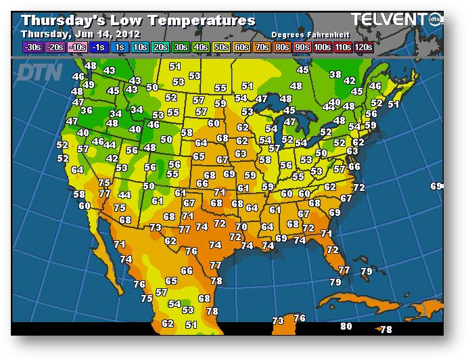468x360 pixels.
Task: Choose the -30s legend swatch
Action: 32,47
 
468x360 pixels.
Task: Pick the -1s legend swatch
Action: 98,47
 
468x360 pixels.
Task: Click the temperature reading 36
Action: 87,111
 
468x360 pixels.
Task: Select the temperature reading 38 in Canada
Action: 335,74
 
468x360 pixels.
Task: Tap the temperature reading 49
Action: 88,85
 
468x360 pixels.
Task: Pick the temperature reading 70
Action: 241,227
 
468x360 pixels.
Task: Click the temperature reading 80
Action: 346,326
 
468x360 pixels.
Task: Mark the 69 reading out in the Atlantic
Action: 436,186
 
